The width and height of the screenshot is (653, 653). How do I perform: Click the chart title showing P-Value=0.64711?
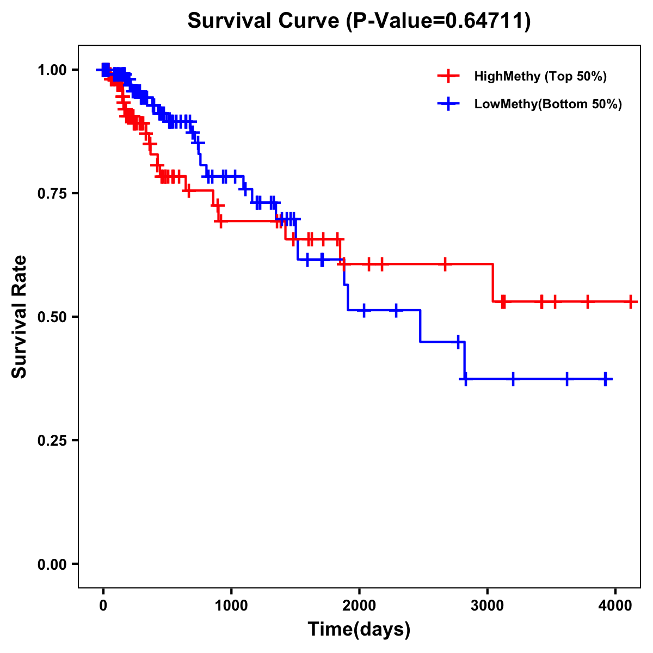[x=359, y=21]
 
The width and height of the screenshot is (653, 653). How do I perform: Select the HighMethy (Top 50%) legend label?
[x=540, y=76]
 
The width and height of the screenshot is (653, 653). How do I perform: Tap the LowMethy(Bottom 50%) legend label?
[x=548, y=104]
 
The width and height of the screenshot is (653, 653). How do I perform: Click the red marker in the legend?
[x=448, y=76]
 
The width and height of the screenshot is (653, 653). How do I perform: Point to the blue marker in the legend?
[x=448, y=104]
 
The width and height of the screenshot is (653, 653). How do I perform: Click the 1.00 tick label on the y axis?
[x=51, y=70]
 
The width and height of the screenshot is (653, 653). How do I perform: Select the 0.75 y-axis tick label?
[x=51, y=194]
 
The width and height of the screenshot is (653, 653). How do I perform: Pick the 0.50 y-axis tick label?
[x=51, y=317]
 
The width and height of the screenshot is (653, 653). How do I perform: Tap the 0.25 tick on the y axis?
[x=51, y=441]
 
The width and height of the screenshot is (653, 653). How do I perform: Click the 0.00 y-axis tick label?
[x=51, y=564]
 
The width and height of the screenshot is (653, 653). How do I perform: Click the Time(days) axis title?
[x=359, y=630]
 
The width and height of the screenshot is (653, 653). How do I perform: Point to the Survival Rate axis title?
[x=20, y=317]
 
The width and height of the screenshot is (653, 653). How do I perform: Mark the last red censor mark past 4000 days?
[x=630, y=301]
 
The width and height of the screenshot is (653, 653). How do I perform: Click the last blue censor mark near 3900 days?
[x=606, y=379]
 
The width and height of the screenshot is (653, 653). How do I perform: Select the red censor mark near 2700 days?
[x=445, y=264]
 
